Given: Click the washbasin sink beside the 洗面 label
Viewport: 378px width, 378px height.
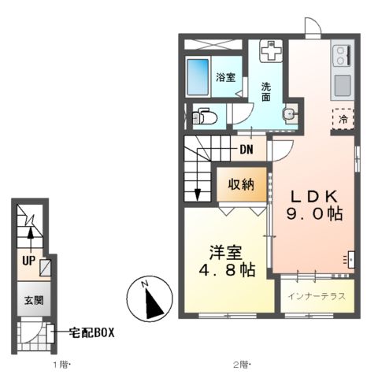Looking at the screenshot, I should (289, 115).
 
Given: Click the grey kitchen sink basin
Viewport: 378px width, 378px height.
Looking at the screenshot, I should (343, 84).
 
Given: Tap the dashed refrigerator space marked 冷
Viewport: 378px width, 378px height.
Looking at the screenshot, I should (343, 119).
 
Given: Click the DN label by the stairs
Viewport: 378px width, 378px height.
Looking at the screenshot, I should (246, 150).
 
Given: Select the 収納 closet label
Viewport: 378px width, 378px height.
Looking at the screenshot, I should (241, 185).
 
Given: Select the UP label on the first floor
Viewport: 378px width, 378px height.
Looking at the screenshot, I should (28, 259).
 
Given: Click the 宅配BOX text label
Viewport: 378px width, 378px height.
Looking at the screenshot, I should (91, 332).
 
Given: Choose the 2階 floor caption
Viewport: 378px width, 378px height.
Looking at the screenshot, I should (241, 364).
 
